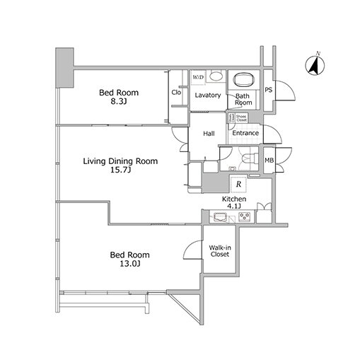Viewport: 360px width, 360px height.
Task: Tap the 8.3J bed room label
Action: coord(118,98)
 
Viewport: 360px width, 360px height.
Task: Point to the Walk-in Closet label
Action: coord(219,250)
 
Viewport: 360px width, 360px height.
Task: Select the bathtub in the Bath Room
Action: coord(243,79)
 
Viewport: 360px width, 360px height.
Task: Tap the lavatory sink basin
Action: coord(217,77)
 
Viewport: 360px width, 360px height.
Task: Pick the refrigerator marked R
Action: coord(240,184)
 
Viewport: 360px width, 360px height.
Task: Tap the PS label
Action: coord(269,91)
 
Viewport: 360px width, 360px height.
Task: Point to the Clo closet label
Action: coord(177,93)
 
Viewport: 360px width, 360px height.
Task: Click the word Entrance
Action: coord(245,133)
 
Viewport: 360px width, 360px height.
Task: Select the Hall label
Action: coord(209,134)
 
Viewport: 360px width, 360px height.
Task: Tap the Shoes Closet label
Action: coord(241,117)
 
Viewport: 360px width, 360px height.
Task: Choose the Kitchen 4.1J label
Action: coord(234,204)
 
